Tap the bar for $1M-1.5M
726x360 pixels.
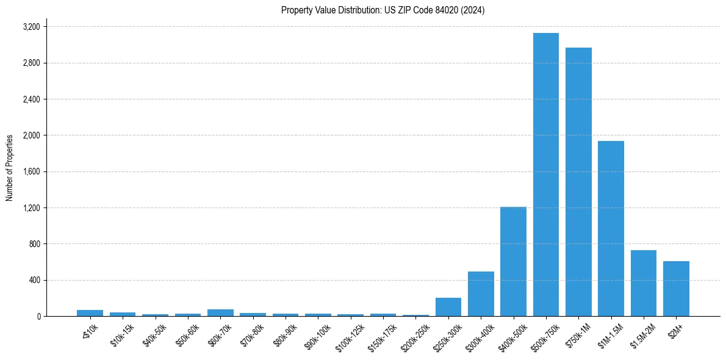pyautogui.click(x=611, y=228)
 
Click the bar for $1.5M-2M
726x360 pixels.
pyautogui.click(x=644, y=283)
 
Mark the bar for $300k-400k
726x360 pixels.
pyautogui.click(x=481, y=294)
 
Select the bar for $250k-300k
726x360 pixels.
pyautogui.click(x=448, y=307)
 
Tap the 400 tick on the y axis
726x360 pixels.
pyautogui.click(x=34, y=280)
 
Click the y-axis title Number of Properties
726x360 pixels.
pyautogui.click(x=10, y=168)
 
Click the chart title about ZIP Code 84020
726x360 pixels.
pyautogui.click(x=383, y=10)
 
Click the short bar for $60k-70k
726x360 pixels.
pyautogui.click(x=220, y=313)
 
